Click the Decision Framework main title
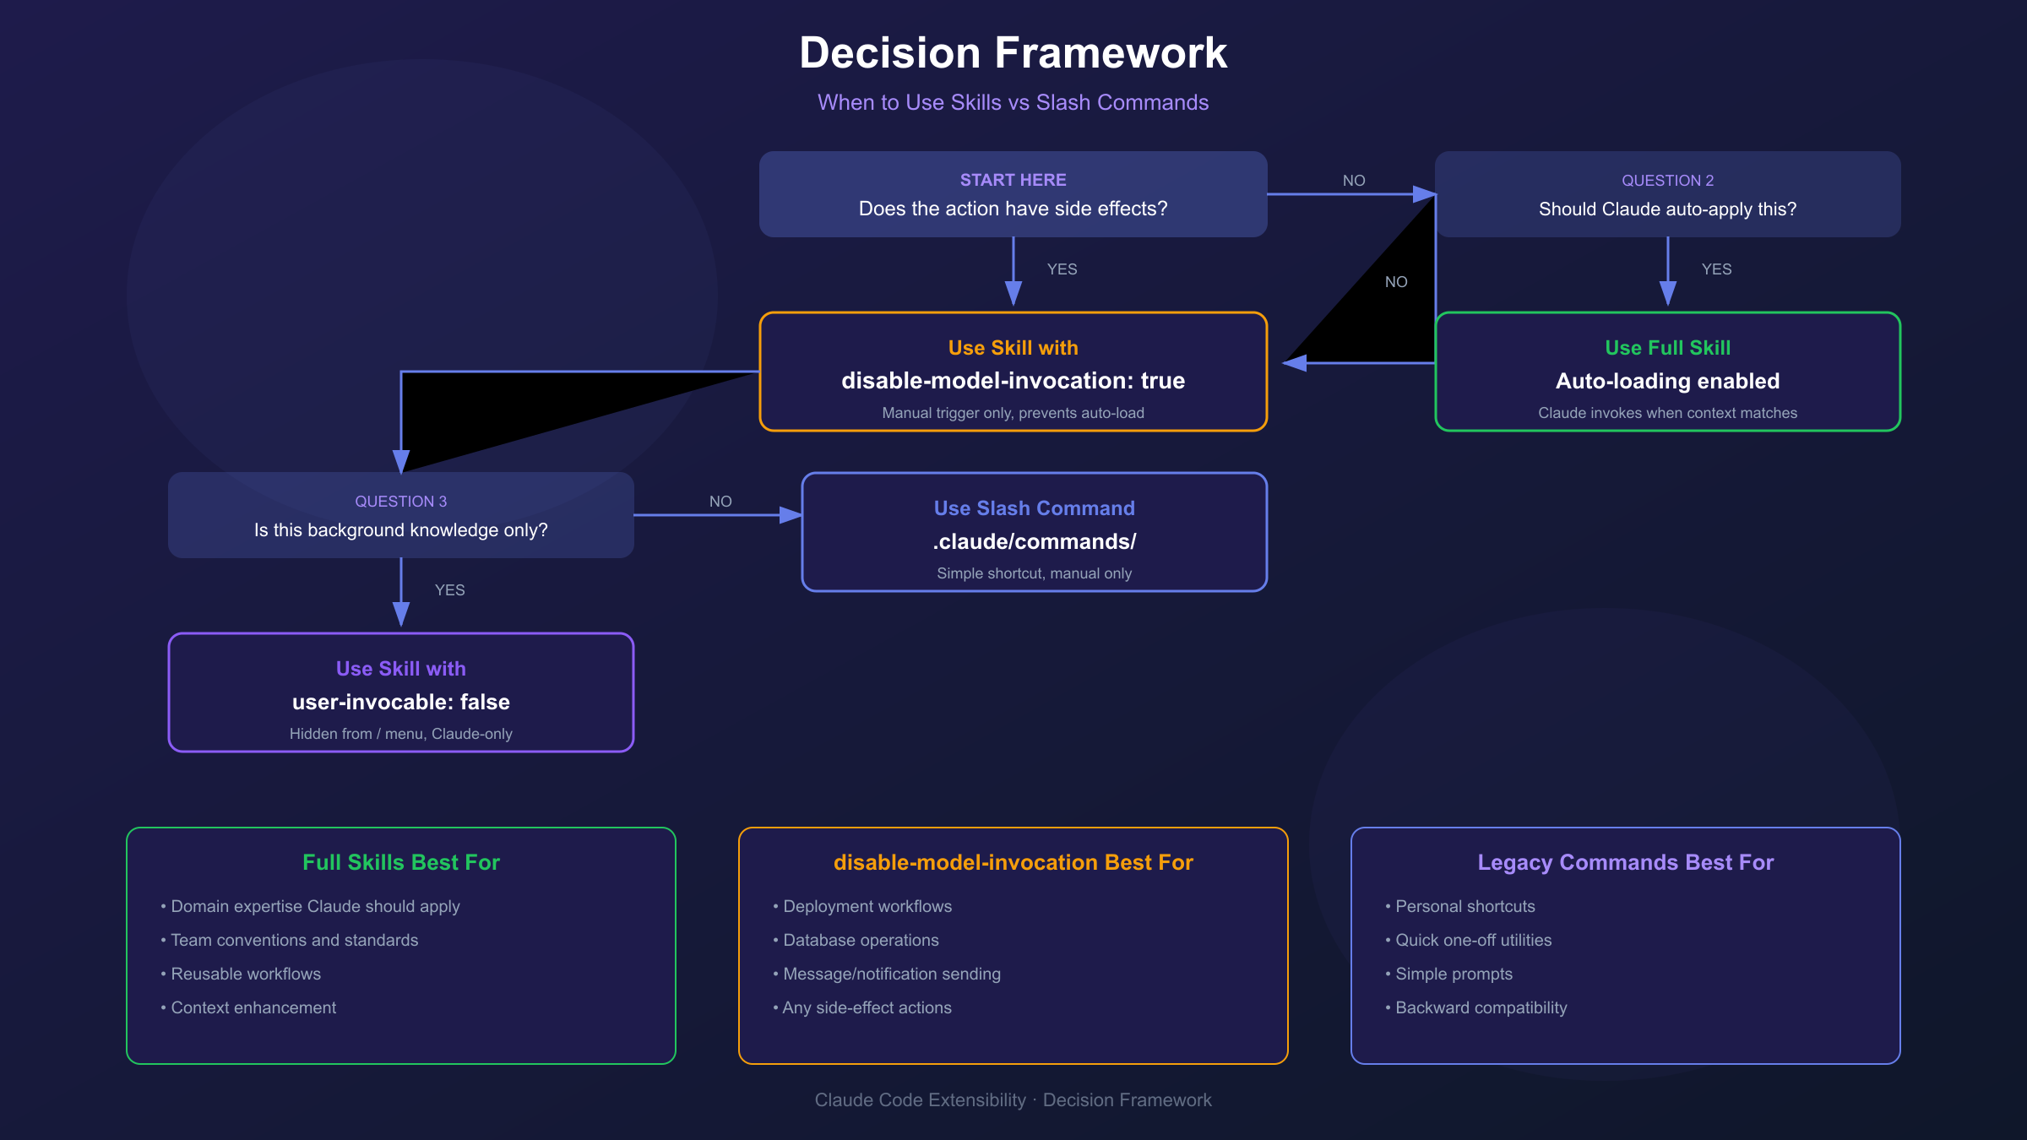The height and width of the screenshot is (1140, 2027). coord(1013,53)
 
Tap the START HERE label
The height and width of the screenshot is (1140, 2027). coord(1013,180)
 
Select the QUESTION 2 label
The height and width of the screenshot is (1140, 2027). coord(1667,181)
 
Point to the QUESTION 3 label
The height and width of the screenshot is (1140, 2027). coord(400,502)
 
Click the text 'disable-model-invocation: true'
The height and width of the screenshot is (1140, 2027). coord(1013,381)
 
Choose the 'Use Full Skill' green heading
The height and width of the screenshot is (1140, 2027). coord(1667,348)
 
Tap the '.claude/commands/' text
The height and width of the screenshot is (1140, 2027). coord(1034,541)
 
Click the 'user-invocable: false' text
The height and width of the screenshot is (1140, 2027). coord(400,702)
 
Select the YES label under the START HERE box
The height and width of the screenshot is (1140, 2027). coord(1062,269)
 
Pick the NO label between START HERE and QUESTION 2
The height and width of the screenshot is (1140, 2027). coord(1353,181)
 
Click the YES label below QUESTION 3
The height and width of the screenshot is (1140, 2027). coord(449,590)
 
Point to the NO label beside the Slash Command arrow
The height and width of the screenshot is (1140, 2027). coord(720,502)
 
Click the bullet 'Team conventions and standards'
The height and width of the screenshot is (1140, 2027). coord(294,940)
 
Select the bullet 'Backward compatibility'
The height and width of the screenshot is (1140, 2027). coord(1481,1007)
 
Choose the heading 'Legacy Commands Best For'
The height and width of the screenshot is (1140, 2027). coord(1625,862)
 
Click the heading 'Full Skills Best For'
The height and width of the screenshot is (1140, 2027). coord(400,862)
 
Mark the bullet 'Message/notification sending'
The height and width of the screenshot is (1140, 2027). coord(891,974)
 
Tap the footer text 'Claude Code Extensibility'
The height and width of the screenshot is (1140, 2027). coord(920,1099)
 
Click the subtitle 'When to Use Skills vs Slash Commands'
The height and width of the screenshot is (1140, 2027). coord(1013,102)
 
